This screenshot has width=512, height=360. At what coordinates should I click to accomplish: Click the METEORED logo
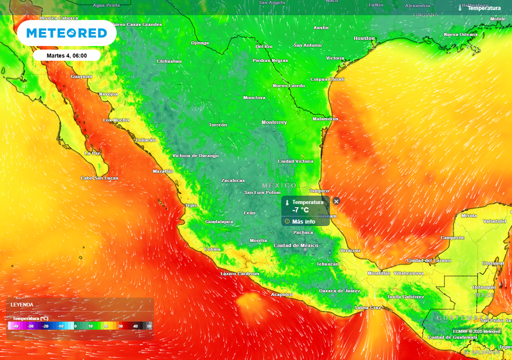click(66, 33)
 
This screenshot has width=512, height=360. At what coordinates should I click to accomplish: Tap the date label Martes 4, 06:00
click(66, 55)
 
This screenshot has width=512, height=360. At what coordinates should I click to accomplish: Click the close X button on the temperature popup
click(336, 201)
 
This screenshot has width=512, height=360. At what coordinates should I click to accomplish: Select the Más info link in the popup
click(303, 221)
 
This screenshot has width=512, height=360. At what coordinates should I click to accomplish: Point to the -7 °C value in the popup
click(300, 210)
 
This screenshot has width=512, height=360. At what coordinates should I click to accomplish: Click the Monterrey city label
click(274, 122)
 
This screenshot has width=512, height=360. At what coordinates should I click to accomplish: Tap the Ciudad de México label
click(296, 245)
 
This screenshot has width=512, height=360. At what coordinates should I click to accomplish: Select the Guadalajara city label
click(219, 221)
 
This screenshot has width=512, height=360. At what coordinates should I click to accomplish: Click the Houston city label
click(364, 38)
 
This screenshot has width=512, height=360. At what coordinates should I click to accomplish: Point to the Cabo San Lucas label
click(99, 178)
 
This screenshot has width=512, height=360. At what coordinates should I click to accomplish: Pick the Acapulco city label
click(281, 294)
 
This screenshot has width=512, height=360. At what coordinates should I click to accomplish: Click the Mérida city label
click(469, 215)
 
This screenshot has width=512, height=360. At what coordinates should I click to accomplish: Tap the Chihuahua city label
click(169, 61)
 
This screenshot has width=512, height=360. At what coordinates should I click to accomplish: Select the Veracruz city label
click(350, 250)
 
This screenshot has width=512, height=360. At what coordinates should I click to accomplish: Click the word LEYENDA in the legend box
click(22, 304)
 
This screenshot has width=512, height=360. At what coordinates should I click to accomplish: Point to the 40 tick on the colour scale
click(135, 326)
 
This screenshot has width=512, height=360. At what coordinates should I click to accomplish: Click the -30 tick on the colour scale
click(31, 326)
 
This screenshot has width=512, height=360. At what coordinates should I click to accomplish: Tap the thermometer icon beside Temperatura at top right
click(460, 8)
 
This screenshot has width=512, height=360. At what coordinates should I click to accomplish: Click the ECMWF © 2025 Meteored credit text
click(476, 331)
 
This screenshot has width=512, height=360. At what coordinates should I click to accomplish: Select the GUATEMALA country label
click(458, 318)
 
